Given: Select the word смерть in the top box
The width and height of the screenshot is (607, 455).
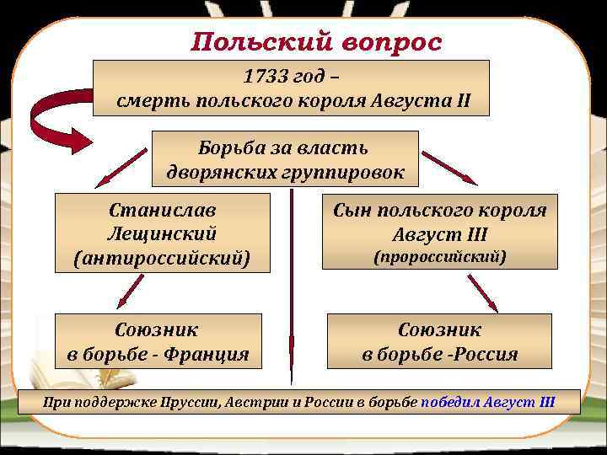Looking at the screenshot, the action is coord(153,104).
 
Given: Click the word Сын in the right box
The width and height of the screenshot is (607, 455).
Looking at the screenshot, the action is coord(349,210).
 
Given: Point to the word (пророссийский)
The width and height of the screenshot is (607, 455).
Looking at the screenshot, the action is coord(439,256).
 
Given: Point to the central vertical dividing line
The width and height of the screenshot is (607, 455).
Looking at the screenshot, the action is coord(291,286).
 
